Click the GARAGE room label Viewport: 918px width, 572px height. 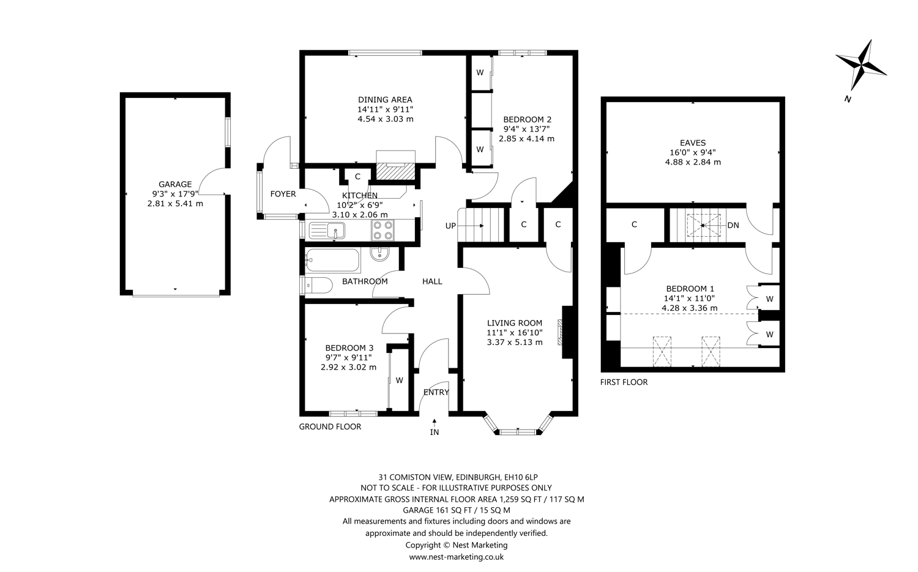(x=175, y=184)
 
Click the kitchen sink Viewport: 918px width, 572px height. (x=327, y=231)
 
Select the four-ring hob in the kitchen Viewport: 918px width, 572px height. (x=382, y=230)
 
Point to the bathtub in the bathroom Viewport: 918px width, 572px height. (x=332, y=261)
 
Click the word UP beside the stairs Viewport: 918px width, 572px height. (x=450, y=226)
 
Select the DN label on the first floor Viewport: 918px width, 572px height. (x=733, y=225)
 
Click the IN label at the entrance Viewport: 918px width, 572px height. (x=435, y=433)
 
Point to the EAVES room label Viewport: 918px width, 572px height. (x=693, y=143)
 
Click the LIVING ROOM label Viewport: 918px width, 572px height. (x=514, y=323)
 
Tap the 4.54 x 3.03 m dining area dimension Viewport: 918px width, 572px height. (x=385, y=119)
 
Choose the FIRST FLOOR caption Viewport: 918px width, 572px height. (x=624, y=382)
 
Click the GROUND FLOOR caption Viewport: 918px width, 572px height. (x=330, y=427)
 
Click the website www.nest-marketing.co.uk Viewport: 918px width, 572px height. (x=456, y=557)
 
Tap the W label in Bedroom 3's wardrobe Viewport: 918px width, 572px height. (x=399, y=381)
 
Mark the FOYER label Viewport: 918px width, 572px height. (x=283, y=194)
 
